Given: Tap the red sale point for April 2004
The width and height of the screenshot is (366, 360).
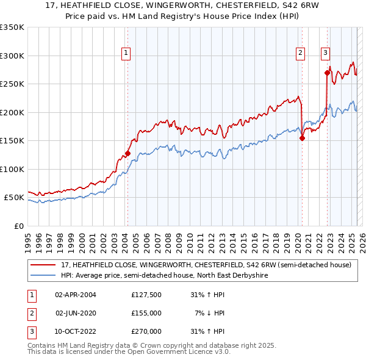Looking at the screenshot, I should click(127, 154).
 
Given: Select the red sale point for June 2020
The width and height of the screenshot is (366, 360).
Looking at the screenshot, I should click(302, 138).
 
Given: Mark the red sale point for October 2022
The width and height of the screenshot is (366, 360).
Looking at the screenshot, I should click(328, 73).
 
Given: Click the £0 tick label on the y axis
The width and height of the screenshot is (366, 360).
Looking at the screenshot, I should click(18, 226).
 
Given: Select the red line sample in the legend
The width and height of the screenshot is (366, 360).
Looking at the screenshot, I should click(43, 265).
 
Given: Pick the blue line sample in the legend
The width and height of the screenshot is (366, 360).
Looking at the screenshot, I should click(43, 275).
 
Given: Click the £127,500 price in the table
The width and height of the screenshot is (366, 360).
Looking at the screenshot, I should click(146, 295).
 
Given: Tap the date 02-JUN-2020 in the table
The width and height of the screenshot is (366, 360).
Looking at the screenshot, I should click(76, 313).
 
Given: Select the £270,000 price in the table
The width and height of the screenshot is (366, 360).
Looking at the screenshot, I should click(146, 331).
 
